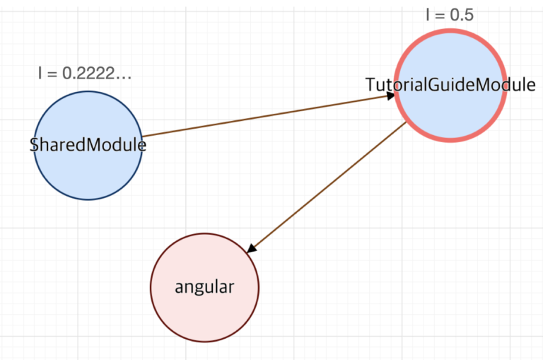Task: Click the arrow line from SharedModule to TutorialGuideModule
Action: (x=269, y=115)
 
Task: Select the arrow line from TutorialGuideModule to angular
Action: (x=327, y=187)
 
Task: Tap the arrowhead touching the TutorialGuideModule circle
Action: (x=390, y=96)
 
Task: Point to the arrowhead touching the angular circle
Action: (x=252, y=248)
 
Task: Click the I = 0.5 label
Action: (x=450, y=15)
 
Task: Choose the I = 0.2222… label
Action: (x=85, y=73)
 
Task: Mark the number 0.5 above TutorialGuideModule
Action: (x=462, y=15)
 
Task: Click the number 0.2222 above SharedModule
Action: (x=88, y=73)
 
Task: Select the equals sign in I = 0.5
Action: (x=439, y=16)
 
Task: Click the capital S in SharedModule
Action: (x=34, y=144)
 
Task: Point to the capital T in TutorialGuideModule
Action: (x=372, y=85)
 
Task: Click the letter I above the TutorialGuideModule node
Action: (x=428, y=15)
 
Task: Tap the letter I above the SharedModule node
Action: (x=40, y=73)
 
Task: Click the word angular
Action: (x=204, y=288)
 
